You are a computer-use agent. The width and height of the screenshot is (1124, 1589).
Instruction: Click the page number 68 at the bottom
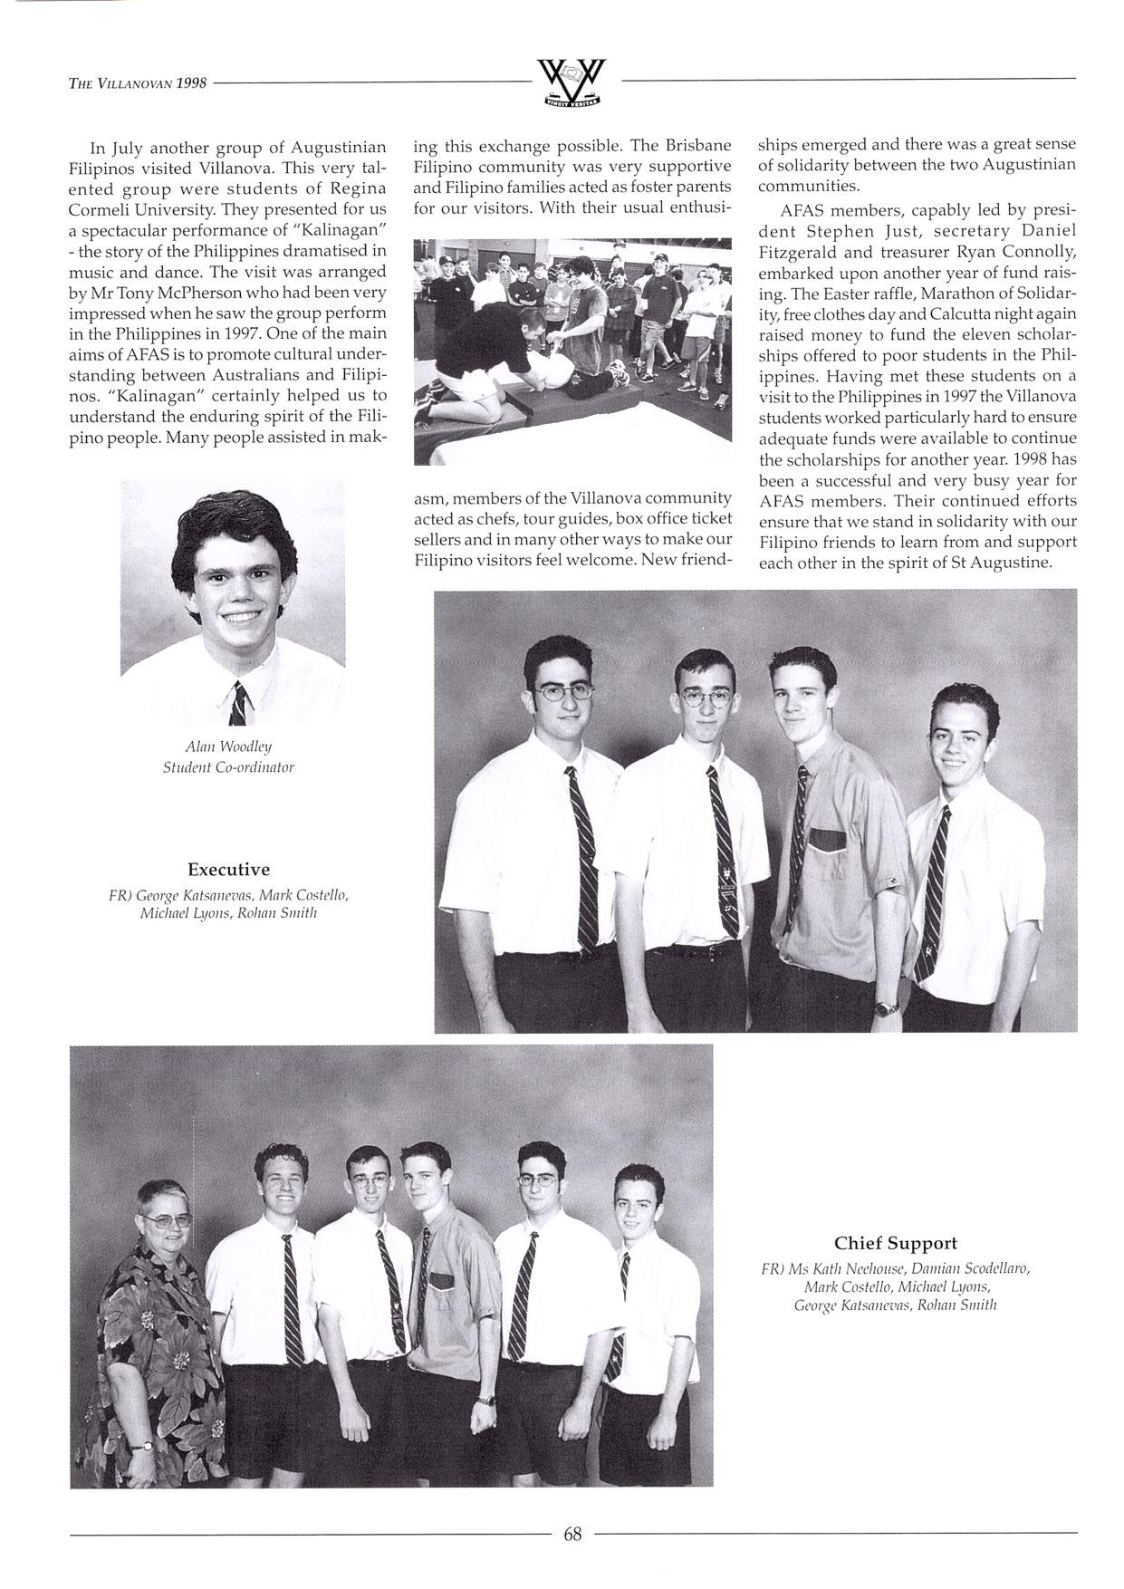[572, 1533]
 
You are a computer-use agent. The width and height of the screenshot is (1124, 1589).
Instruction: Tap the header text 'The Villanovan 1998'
[138, 83]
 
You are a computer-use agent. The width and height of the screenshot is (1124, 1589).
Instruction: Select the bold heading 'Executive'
[228, 870]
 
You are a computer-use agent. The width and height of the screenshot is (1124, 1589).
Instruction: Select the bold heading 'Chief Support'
[895, 1243]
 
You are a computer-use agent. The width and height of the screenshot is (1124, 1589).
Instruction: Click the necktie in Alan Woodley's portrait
[237, 704]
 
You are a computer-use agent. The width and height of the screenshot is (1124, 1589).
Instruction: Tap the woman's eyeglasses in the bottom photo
[168, 1220]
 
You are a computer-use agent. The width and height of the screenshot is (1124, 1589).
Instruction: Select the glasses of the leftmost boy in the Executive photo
[556, 695]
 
